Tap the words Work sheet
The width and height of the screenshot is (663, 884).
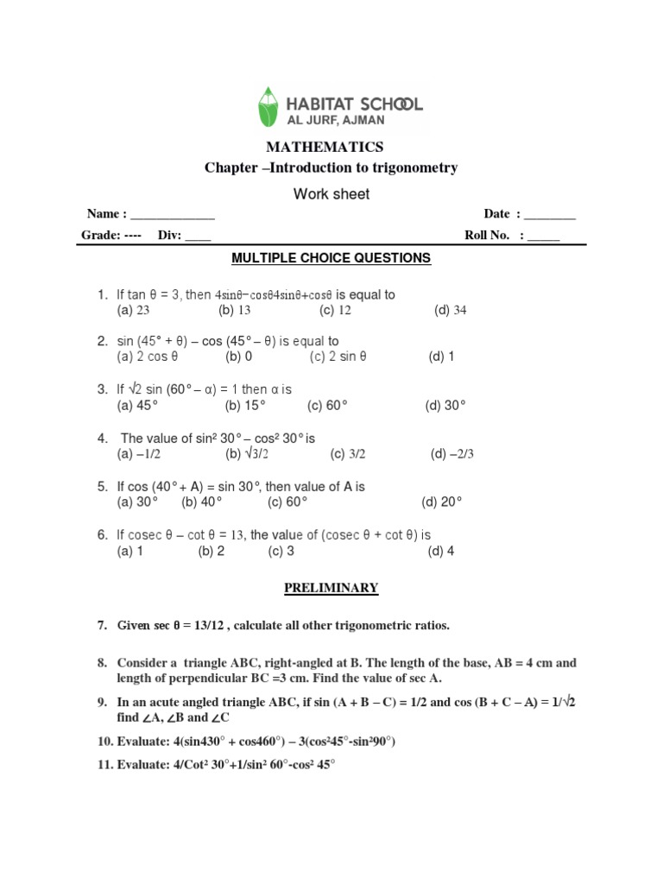click(331, 194)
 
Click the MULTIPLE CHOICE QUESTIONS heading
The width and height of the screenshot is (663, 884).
click(331, 258)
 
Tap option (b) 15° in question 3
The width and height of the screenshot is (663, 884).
click(246, 405)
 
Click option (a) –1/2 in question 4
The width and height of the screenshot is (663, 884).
click(139, 454)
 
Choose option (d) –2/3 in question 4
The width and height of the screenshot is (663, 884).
click(452, 454)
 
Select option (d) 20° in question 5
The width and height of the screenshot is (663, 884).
click(442, 502)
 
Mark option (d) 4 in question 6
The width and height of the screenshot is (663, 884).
click(440, 552)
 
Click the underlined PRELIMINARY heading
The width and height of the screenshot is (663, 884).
click(331, 589)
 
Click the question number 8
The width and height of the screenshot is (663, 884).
click(101, 663)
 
